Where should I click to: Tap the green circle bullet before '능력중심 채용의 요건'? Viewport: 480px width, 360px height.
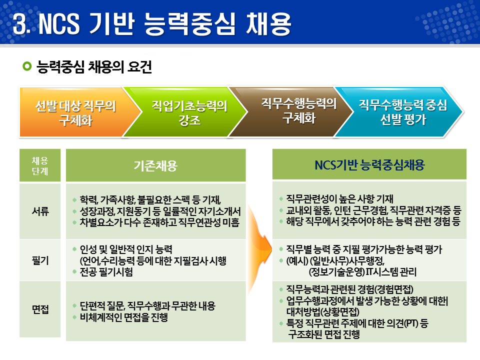pyautogui.click(x=27, y=66)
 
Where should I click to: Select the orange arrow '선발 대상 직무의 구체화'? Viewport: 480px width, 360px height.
pyautogui.click(x=75, y=112)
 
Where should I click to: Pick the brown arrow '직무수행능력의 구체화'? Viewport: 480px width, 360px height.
pyautogui.click(x=298, y=110)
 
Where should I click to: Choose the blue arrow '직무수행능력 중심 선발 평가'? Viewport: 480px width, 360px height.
pyautogui.click(x=402, y=112)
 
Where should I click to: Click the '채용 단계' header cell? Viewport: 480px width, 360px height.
pyautogui.click(x=40, y=165)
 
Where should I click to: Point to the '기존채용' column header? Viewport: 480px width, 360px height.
pyautogui.click(x=155, y=165)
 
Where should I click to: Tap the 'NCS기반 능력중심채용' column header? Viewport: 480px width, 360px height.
pyautogui.click(x=369, y=165)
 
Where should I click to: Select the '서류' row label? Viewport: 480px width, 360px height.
pyautogui.click(x=40, y=211)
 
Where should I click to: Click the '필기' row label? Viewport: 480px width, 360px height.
pyautogui.click(x=40, y=260)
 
